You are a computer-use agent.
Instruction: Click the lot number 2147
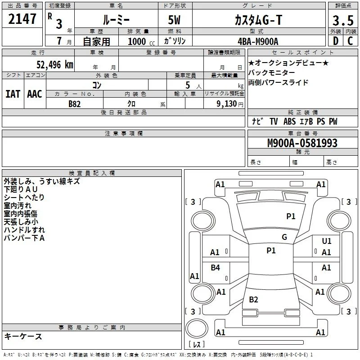pyautogui.click(x=22, y=19)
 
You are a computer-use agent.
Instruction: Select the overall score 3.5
pyautogui.click(x=343, y=20)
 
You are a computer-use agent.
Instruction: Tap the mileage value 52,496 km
pyautogui.click(x=55, y=65)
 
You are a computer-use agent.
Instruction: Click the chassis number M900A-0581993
pyautogui.click(x=302, y=143)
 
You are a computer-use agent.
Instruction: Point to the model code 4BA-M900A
pyautogui.click(x=258, y=41)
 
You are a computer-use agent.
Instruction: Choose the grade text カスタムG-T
pyautogui.click(x=258, y=20)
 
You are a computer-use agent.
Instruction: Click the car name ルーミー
pyautogui.click(x=116, y=20)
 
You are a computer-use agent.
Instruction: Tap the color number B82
pyautogui.click(x=75, y=104)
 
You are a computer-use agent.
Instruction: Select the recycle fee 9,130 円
pyautogui.click(x=230, y=104)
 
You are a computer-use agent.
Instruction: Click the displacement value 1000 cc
pyautogui.click(x=141, y=41)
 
